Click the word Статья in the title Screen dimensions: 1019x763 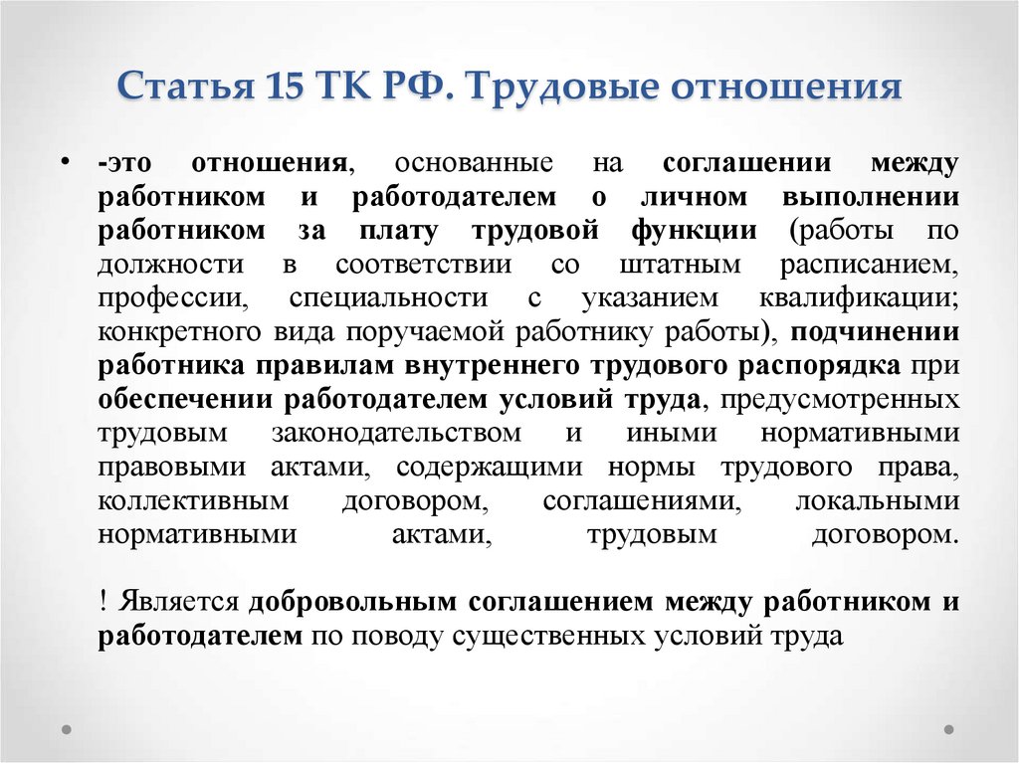(186, 86)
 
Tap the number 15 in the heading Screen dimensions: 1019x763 (285, 86)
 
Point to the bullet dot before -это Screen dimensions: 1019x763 (65, 160)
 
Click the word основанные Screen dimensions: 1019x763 (474, 162)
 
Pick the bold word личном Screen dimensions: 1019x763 (694, 196)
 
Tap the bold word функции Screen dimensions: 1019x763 (694, 231)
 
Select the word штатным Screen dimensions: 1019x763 (680, 265)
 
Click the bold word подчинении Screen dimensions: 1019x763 (875, 332)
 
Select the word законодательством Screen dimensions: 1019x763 (396, 433)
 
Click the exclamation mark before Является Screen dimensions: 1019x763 (102, 601)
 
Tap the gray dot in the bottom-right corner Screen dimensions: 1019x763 (948, 729)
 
